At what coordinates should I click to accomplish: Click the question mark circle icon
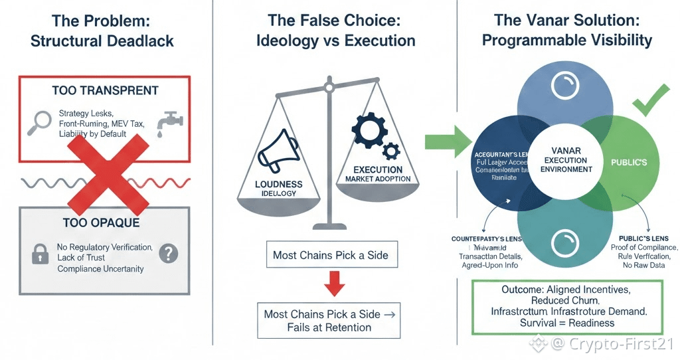coord(170,252)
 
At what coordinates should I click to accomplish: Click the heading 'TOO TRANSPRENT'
coord(105,90)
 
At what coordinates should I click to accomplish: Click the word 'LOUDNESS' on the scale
coord(279,184)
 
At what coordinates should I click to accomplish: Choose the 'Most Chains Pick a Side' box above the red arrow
coord(330,254)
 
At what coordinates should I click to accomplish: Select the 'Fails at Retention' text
coord(330,327)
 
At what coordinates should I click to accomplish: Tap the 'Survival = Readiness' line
coord(567,323)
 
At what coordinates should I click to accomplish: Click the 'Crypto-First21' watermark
coord(613,344)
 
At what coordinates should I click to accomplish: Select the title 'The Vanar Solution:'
coord(567,21)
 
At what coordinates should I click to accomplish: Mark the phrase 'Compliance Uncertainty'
coord(100,269)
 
